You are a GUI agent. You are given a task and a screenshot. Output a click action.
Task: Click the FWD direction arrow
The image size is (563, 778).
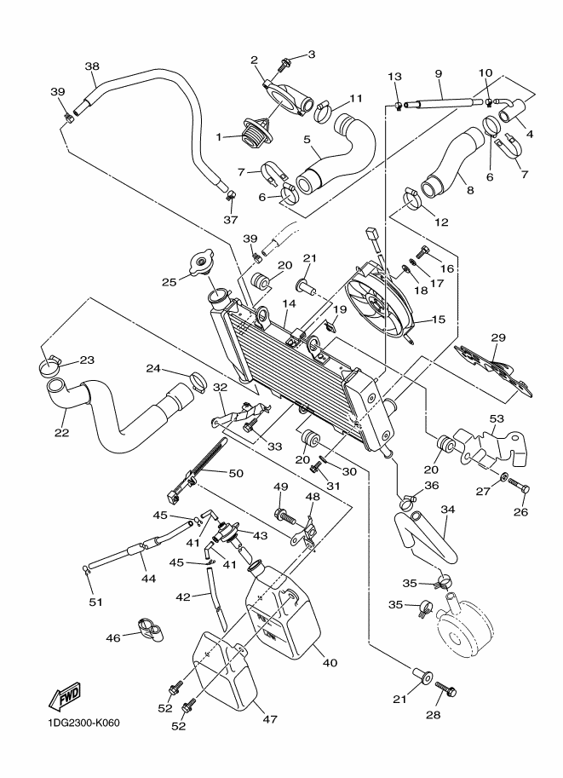[x=65, y=700]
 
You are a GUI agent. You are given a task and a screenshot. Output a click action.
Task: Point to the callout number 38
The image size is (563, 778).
[x=92, y=66]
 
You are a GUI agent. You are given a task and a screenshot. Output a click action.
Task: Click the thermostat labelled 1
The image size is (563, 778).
[x=256, y=134]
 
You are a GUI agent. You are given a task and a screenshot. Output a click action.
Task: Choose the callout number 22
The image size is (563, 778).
[x=61, y=432]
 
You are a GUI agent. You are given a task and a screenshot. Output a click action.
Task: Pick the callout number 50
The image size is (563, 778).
[x=235, y=474]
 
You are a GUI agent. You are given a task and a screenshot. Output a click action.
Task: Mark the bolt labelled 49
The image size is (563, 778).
[x=282, y=514]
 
